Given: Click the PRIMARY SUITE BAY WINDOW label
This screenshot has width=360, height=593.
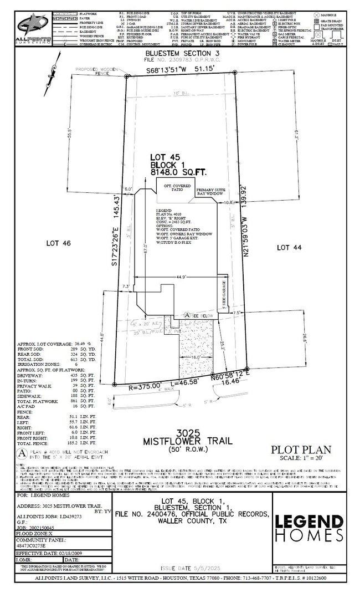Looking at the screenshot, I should click(210, 191).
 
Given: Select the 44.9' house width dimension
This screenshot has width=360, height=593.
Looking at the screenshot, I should click(183, 277).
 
